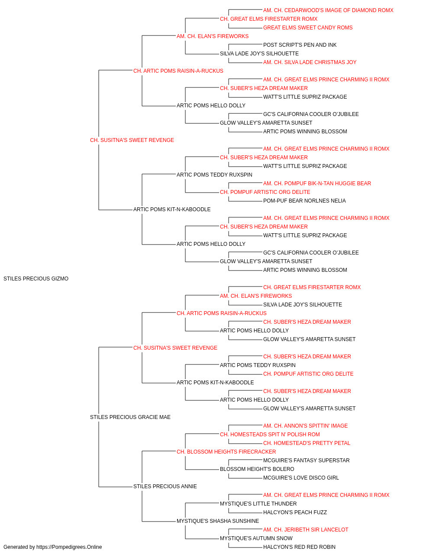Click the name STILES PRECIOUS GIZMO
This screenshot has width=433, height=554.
[x=36, y=279]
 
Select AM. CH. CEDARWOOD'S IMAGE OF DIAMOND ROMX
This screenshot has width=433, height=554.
[x=328, y=10]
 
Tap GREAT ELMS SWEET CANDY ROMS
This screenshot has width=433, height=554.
[x=308, y=28]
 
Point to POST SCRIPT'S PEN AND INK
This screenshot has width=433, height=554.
[x=300, y=45]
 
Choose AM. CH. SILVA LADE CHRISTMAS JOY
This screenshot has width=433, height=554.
[x=310, y=62]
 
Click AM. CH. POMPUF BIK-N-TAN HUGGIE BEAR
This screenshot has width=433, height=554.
[x=317, y=184]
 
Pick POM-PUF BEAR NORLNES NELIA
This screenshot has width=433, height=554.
[x=304, y=201]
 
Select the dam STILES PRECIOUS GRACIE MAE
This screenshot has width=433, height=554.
[x=130, y=417]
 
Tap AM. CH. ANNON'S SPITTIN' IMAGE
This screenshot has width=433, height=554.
[x=306, y=426]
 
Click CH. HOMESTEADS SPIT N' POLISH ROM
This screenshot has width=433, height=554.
[x=270, y=435]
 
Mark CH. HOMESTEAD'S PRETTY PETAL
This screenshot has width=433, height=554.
[x=307, y=443]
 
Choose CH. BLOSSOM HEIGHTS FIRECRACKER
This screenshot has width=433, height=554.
[x=226, y=452]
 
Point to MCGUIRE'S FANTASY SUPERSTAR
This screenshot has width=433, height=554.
[x=306, y=461]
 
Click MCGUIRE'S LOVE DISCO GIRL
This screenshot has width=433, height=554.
[x=301, y=478]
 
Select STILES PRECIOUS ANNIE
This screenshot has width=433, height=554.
[x=165, y=486]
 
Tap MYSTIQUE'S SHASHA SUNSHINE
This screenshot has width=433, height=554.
[x=218, y=521]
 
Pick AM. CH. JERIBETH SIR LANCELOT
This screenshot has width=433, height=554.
[x=306, y=530]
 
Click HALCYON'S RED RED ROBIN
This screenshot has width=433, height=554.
[x=299, y=547]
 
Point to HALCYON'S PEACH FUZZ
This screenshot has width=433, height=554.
[x=295, y=512]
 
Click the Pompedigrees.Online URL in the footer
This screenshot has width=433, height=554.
[x=69, y=547]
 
